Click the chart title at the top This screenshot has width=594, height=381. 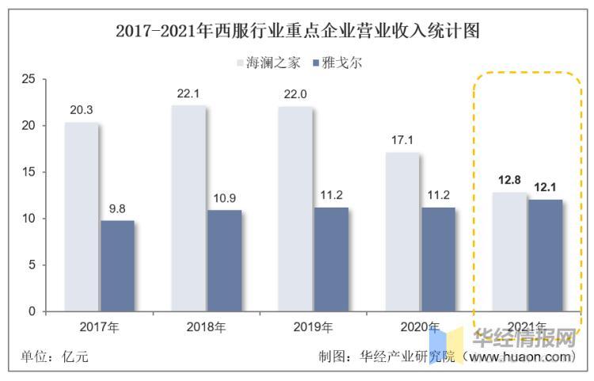click(297, 32)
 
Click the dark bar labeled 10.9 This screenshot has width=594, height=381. click(224, 261)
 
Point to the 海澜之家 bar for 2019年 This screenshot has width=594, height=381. click(295, 209)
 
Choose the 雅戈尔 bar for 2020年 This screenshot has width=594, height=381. click(438, 259)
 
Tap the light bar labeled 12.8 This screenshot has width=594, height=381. click(509, 252)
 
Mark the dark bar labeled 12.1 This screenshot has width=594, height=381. click(546, 255)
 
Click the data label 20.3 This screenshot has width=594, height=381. click(81, 110)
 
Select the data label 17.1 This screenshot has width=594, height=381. click(402, 140)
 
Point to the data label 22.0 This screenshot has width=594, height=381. click(295, 94)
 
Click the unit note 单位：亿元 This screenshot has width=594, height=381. click(53, 357)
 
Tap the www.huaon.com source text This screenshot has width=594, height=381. click(518, 357)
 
